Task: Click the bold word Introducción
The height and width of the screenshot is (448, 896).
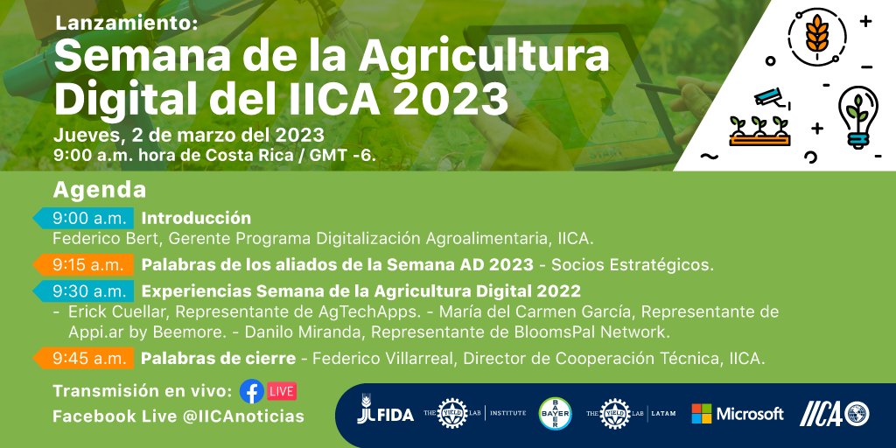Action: (196, 218)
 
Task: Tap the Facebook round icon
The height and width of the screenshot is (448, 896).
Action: (252, 390)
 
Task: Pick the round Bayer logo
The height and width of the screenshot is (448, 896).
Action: (556, 414)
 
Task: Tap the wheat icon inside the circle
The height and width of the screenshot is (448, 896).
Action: (818, 33)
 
